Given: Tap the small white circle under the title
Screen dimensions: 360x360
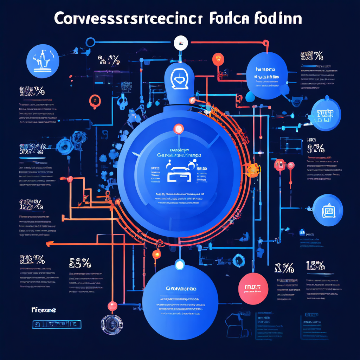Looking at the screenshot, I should click(x=181, y=43).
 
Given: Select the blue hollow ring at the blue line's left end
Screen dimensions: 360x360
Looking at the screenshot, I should click(x=90, y=43).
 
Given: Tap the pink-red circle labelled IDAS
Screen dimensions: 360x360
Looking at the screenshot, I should click(x=253, y=288).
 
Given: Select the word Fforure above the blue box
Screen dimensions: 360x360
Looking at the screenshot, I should click(x=44, y=310).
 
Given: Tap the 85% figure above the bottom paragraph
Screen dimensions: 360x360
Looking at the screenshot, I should click(x=80, y=263).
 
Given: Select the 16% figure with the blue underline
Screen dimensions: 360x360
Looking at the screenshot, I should click(x=315, y=266).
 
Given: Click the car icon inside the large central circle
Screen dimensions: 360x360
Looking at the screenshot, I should click(x=179, y=172).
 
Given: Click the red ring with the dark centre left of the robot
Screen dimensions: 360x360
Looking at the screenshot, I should click(x=94, y=101).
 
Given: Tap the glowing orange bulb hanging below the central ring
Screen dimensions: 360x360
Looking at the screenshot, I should click(x=157, y=254).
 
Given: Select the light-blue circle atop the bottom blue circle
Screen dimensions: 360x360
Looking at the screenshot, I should click(x=180, y=265).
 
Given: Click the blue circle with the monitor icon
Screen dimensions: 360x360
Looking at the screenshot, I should click(x=328, y=210).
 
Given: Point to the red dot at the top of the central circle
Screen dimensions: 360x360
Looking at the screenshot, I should click(x=178, y=129).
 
